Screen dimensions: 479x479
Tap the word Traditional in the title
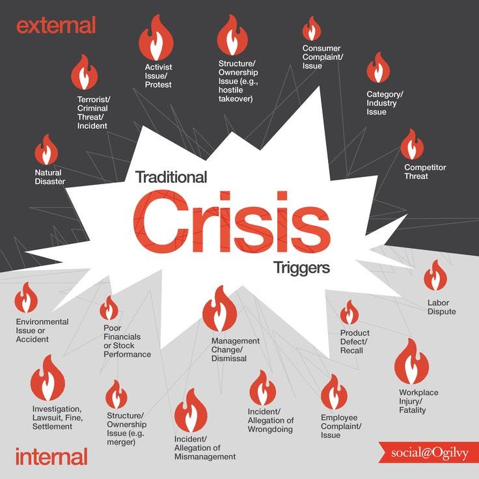tap(171, 177)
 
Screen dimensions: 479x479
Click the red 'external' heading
tap(56, 26)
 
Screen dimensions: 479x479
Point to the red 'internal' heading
tap(51, 456)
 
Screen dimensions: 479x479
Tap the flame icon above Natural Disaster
tap(46, 150)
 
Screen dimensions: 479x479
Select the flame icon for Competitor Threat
tap(412, 144)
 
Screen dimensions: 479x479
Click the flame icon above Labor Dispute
tap(435, 276)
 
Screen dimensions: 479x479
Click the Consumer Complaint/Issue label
tap(322, 57)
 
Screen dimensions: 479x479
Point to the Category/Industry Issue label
tap(385, 103)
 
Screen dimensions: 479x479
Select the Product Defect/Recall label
tap(355, 342)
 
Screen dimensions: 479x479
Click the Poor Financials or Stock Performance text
tap(127, 341)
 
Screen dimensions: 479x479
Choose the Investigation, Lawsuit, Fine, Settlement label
tap(57, 417)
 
